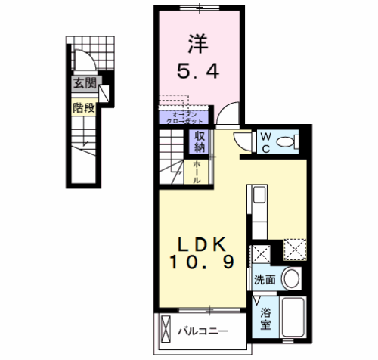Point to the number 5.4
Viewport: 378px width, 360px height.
coord(200,73)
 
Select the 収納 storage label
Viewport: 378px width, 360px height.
coord(200,141)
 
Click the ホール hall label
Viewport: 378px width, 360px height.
coord(197,172)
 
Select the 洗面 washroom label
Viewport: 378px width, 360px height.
coord(265,278)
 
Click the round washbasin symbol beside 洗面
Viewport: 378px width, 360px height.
coord(291,278)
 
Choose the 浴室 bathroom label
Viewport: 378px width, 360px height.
coord(265,318)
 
